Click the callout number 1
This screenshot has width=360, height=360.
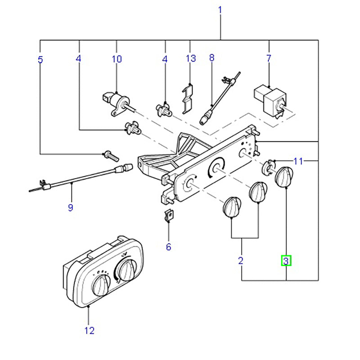pos(220,9)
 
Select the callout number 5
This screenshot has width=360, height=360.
pos(40,59)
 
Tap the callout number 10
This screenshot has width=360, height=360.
pos(117,59)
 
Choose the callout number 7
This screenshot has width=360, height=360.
pos(269,58)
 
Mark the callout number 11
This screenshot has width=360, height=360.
pos(299,161)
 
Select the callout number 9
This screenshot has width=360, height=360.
pos(70,207)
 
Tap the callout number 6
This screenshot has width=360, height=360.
pos(168,247)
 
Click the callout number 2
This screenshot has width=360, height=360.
pos(241,260)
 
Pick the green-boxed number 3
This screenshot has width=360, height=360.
pos(286,260)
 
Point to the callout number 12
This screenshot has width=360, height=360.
pos(89,331)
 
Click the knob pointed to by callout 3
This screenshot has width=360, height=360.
pos(283,177)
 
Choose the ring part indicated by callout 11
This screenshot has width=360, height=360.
pos(269,167)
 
